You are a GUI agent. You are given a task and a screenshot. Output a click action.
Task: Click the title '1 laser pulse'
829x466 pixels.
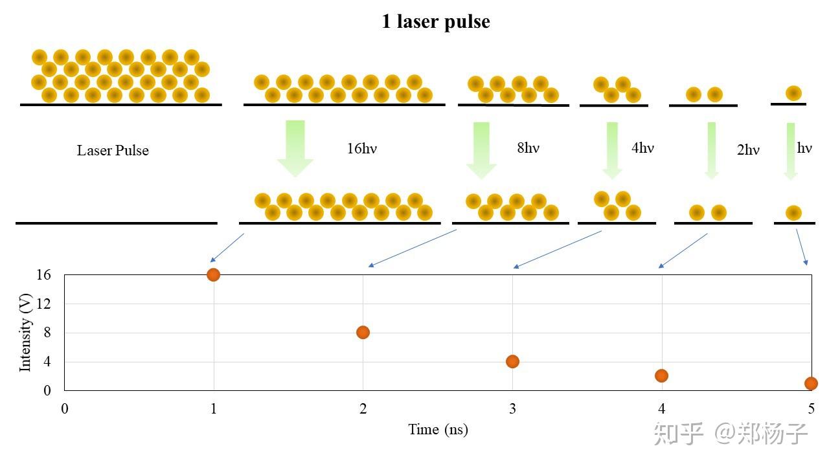click(x=435, y=22)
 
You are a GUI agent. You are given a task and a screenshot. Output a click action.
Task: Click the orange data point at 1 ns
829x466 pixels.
click(x=213, y=274)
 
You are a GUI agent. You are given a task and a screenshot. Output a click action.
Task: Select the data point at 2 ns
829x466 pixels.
click(x=363, y=332)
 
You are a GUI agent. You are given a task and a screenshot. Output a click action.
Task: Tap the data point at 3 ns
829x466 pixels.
click(x=512, y=361)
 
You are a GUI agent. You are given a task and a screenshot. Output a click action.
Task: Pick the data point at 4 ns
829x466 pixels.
click(x=661, y=375)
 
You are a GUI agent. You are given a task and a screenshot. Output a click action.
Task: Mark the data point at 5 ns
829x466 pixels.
click(x=811, y=383)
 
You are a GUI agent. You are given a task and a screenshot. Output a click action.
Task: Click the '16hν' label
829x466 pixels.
click(x=361, y=148)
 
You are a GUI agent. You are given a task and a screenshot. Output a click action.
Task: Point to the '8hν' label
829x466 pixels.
click(x=528, y=148)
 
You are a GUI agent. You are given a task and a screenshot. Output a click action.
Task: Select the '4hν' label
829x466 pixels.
click(x=642, y=148)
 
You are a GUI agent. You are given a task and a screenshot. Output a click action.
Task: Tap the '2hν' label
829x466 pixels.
click(x=748, y=150)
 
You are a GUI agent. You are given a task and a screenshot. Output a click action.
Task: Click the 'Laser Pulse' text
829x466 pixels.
click(x=113, y=151)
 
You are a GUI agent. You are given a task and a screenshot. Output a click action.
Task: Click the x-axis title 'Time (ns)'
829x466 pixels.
click(x=438, y=429)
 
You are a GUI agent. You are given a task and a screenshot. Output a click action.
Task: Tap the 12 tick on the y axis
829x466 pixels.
click(x=43, y=304)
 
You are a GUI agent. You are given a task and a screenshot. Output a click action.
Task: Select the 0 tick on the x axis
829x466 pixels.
click(x=65, y=408)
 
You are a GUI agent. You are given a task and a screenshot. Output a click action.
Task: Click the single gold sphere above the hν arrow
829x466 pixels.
click(x=793, y=93)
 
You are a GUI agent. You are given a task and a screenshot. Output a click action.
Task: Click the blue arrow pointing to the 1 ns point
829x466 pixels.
click(x=227, y=247)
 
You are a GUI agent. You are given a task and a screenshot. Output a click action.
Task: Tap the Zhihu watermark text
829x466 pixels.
click(x=731, y=434)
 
